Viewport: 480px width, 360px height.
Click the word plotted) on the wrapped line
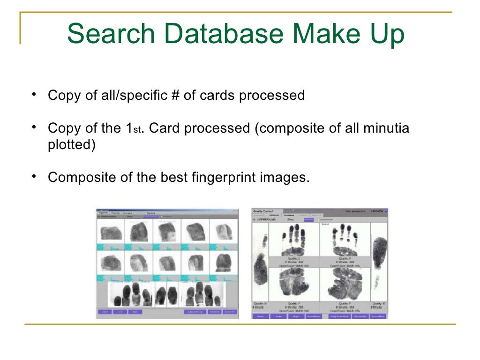coord(71,145)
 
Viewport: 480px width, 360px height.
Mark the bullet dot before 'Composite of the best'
coord(35,176)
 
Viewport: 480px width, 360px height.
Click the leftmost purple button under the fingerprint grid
coord(105,312)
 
